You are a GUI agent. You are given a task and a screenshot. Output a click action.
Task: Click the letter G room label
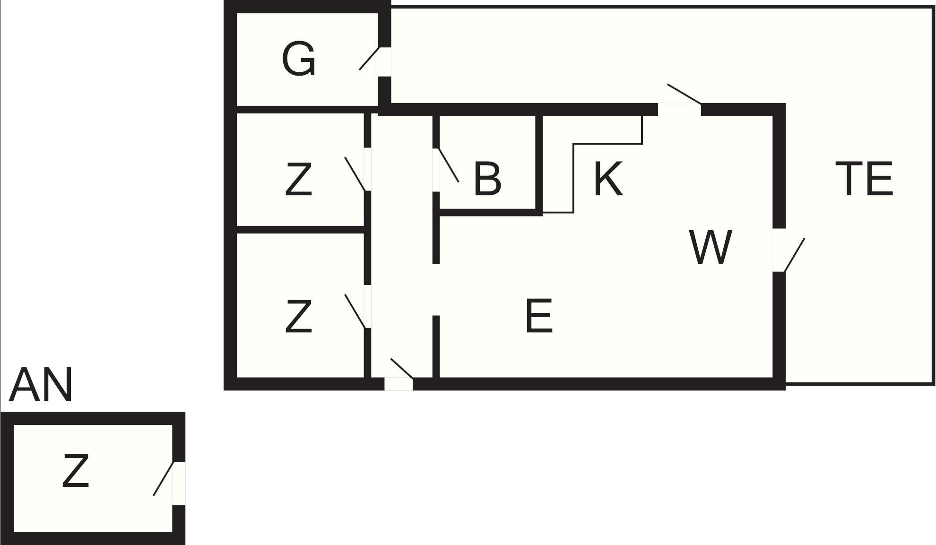[x=298, y=59]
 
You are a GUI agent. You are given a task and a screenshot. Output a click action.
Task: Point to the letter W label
[x=711, y=247]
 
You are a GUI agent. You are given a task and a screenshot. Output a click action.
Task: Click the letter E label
[x=539, y=315]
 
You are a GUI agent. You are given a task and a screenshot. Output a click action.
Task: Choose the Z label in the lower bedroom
[x=299, y=316]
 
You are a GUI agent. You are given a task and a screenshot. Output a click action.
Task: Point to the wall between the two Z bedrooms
[x=300, y=230]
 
